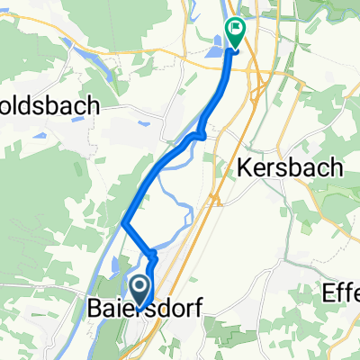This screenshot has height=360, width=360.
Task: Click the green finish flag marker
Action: click(235, 31)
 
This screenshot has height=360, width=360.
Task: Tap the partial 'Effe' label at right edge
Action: click(341, 292)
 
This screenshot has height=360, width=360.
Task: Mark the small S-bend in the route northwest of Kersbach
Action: click(200, 136)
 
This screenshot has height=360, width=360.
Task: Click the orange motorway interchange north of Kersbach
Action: click(259, 85)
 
